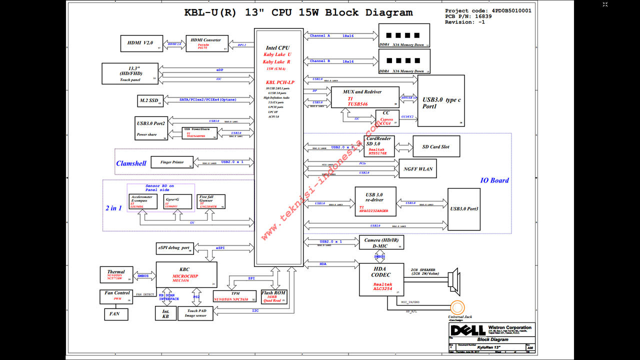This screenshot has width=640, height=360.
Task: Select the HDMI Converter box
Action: [206, 43]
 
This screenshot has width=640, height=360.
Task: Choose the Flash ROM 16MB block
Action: [273, 296]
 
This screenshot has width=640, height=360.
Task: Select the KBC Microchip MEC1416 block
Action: [186, 274]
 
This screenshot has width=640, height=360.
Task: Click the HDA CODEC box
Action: [381, 279]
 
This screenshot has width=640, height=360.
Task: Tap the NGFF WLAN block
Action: [418, 169]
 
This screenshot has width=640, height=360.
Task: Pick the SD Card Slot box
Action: [435, 146]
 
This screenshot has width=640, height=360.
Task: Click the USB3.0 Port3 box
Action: [463, 209]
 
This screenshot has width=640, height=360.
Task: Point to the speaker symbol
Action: [453, 280]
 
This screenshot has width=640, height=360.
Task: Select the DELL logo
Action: [467, 330]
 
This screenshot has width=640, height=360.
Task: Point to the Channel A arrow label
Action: [320, 36]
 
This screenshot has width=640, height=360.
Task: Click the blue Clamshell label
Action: [131, 163]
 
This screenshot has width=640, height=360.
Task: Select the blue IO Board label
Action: [494, 180]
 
